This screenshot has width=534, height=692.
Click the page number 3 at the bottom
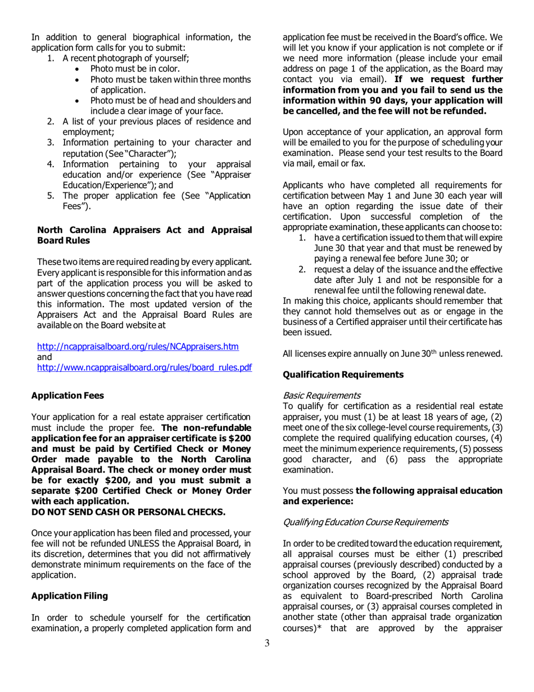(x=267, y=659)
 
